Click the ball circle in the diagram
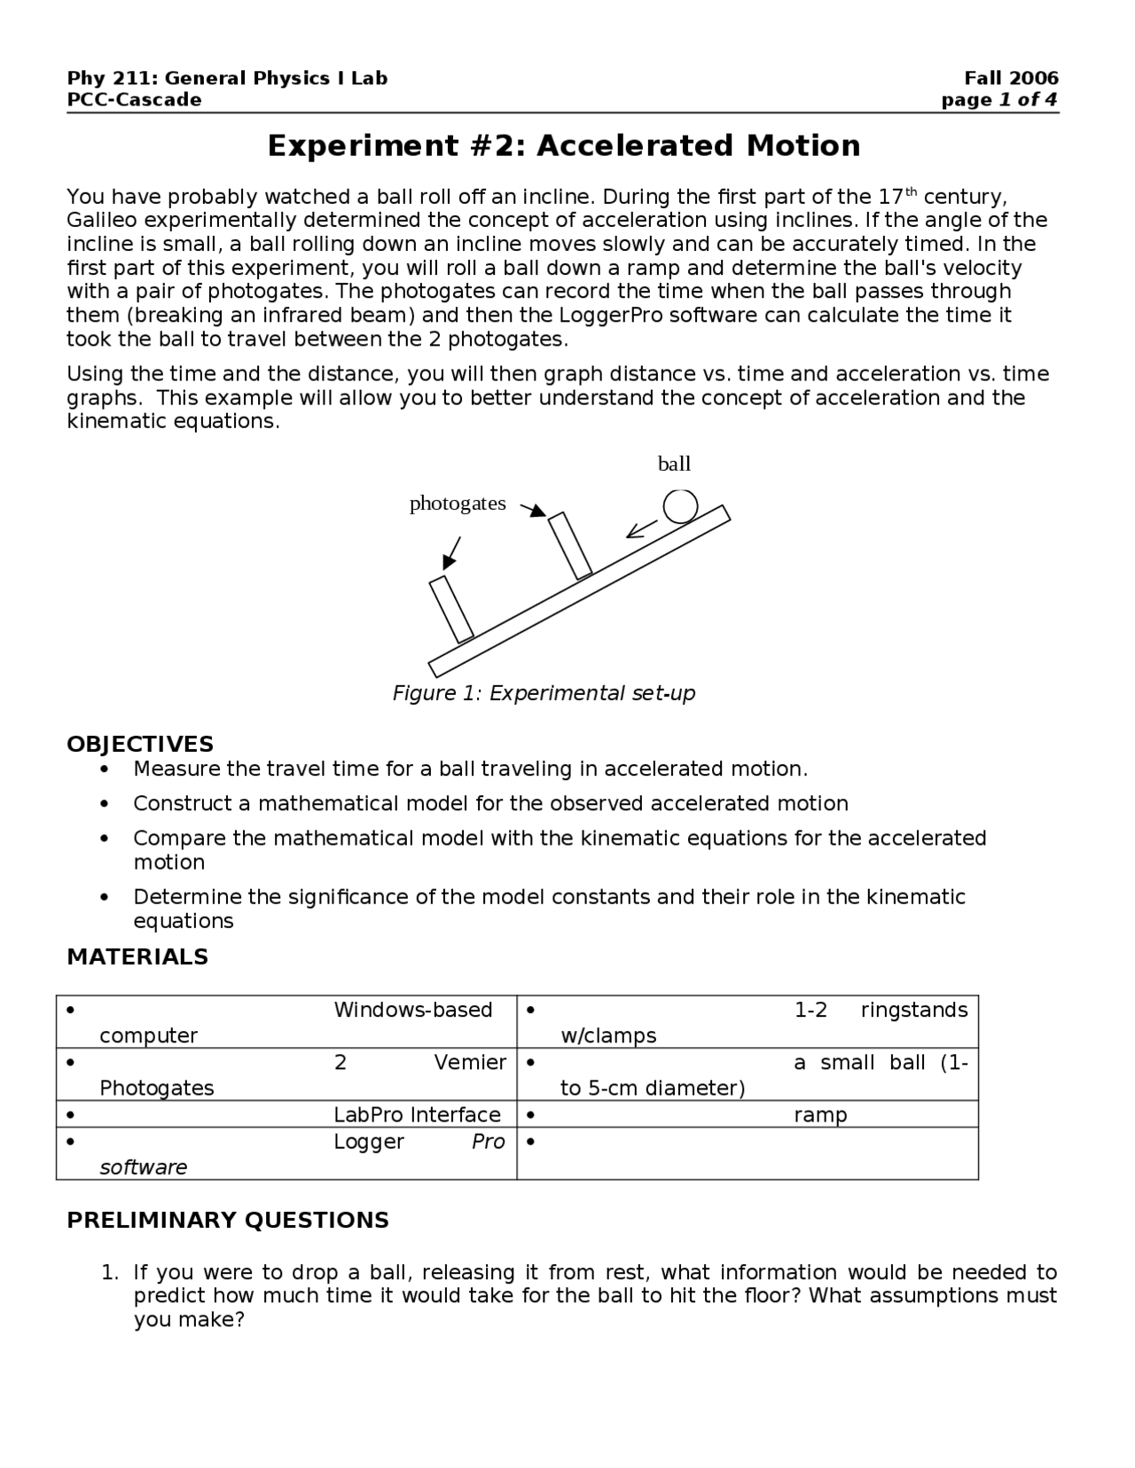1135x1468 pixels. pos(680,506)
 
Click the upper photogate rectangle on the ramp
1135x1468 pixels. pos(570,546)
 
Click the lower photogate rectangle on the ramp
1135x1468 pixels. pos(451,610)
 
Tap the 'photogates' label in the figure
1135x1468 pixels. pos(458,504)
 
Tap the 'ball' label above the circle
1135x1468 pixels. pos(674,464)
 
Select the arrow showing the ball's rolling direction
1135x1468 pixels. pos(642,528)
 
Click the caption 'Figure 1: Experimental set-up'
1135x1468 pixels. pos(544,693)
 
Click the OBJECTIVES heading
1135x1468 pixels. pos(140,744)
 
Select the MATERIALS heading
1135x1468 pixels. pos(137,957)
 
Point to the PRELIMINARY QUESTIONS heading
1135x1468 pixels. pos(228,1220)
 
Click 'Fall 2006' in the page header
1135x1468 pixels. pos(1011,78)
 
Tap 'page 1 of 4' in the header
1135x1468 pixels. pos(999,99)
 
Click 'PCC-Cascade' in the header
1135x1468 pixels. pos(134,99)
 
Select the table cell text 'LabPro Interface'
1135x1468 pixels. pos(417,1114)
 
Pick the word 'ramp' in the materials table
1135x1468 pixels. pos(820,1114)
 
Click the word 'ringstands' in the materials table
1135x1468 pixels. pos(914,1010)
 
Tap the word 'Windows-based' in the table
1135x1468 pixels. pos(412,1010)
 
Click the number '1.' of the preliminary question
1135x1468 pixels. pos(109,1273)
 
